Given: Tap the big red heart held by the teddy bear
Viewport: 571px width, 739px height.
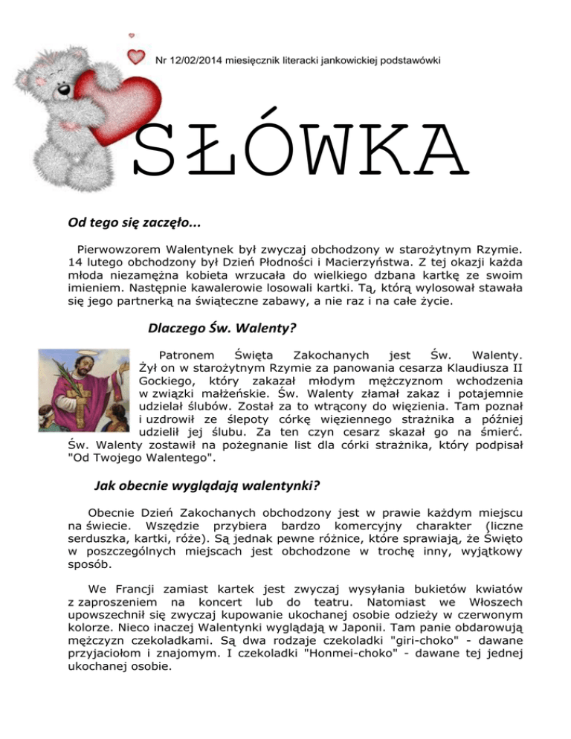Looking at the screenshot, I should tap(111, 109).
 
